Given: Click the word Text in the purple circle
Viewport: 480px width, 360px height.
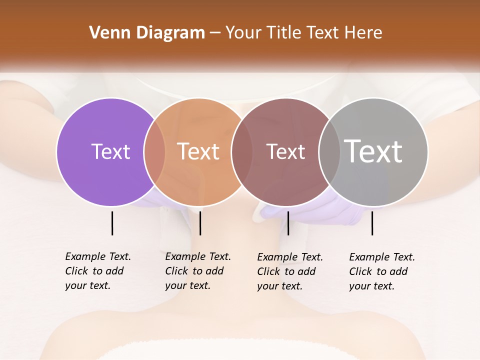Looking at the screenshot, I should tap(110, 151).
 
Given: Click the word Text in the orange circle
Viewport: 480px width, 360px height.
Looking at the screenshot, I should tap(198, 151).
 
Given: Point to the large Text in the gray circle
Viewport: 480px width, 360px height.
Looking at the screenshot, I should tap(373, 151).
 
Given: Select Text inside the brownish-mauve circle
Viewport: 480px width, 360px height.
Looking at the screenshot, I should tap(285, 151).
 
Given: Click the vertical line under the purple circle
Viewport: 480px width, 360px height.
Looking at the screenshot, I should tap(112, 223).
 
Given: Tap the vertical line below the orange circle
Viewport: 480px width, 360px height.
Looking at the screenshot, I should tap(200, 223).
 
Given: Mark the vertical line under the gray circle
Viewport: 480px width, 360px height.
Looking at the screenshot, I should tap(372, 223).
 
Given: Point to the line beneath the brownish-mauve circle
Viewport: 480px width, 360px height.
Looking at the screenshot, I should tap(288, 223).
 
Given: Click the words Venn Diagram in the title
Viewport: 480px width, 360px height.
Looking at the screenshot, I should tap(147, 33).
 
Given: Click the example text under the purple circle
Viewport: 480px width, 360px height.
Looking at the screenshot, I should tap(97, 271).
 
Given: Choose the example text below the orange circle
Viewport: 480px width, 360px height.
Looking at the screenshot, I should tap(197, 271).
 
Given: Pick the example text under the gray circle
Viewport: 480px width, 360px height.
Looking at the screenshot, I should tap(381, 271).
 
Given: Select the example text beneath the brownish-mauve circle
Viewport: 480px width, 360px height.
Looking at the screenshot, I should tap(289, 271).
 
